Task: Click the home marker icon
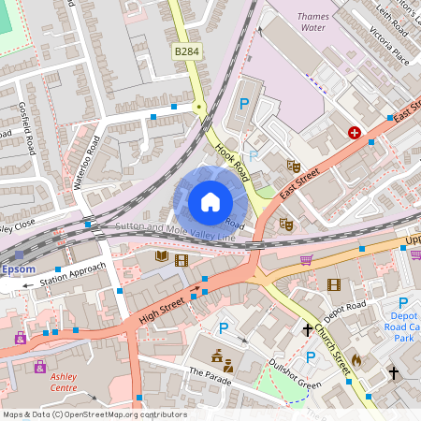tap(210, 202)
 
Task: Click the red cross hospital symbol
tap(355, 133)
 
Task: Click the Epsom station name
tap(18, 269)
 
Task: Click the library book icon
tap(161, 256)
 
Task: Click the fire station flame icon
tap(356, 358)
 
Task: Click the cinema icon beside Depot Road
tap(333, 283)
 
